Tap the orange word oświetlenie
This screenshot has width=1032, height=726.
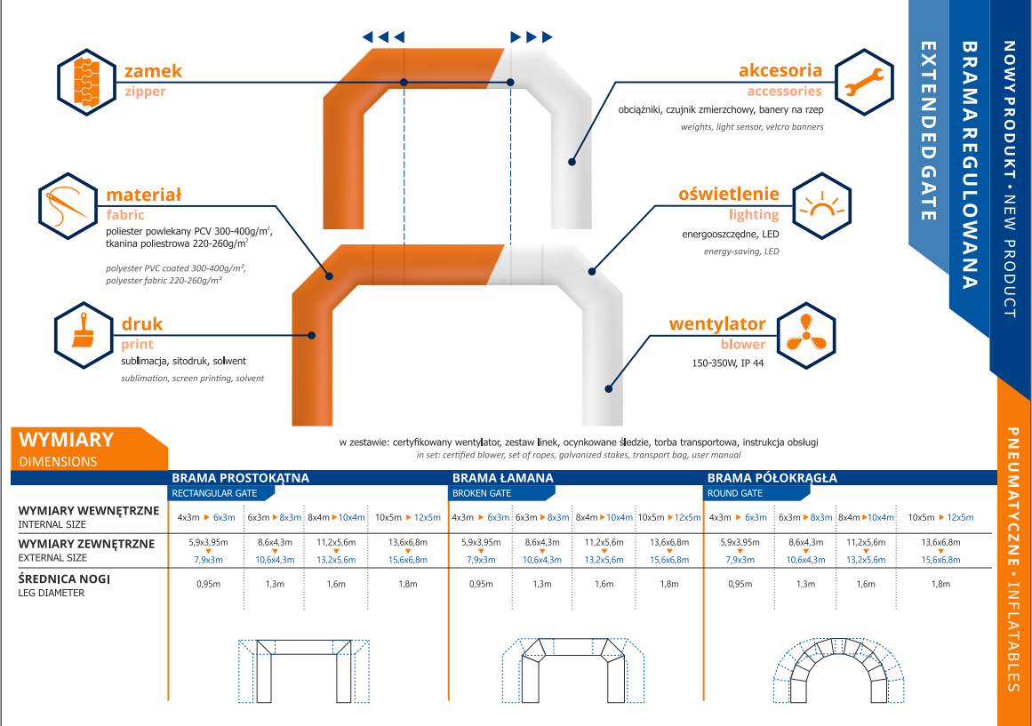point(729,194)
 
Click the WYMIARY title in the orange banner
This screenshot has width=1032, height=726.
point(67,440)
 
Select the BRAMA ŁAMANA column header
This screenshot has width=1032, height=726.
point(503,478)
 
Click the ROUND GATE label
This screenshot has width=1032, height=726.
point(735,492)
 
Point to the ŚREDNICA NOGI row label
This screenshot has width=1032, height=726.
point(64,579)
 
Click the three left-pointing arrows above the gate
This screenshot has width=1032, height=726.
point(383,36)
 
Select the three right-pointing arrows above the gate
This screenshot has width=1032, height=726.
point(532,36)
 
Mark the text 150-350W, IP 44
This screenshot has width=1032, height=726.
point(727,363)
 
